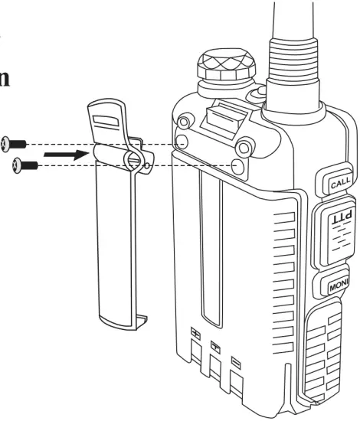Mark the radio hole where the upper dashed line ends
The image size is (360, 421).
pyautogui.click(x=182, y=143)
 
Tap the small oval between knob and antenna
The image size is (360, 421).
pyautogui.click(x=257, y=96)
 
